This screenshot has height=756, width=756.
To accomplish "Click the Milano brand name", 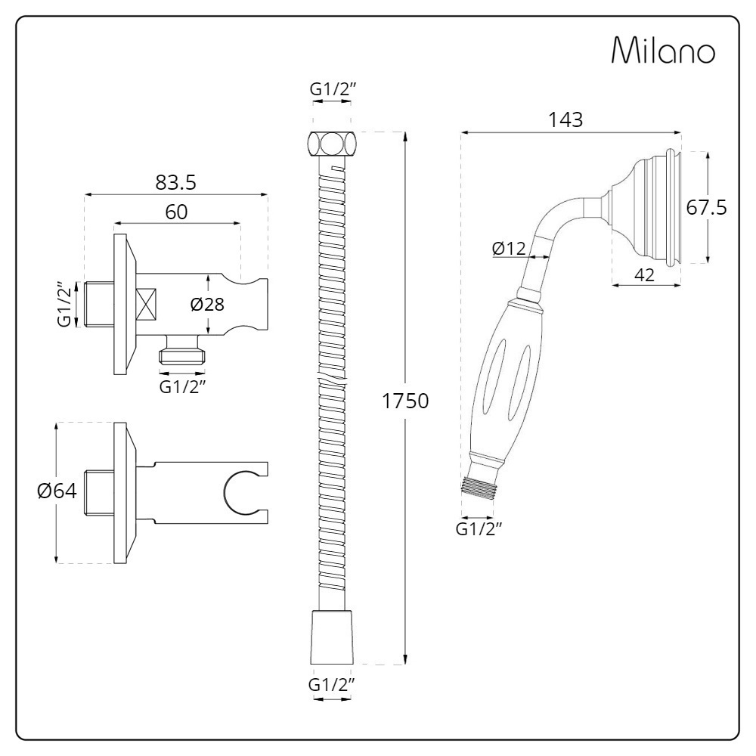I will point(662,52).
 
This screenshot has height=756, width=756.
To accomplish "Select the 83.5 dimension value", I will point(176,182).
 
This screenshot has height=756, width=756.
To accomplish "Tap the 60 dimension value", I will point(176,212).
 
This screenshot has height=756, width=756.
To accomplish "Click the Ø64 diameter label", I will point(57,491).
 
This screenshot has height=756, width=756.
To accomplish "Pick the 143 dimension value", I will point(566,120).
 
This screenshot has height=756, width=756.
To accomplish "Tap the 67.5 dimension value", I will point(707,208).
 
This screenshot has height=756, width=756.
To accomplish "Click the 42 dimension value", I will point(644,275).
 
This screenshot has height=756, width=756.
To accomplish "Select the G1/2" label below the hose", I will point(332,685).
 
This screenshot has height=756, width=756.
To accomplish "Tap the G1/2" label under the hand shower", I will point(479,528).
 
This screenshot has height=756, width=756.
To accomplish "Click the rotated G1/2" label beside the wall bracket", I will point(67,305).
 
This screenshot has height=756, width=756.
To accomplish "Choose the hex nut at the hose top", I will point(332,143).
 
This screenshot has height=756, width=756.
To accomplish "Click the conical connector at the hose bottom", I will point(332,634).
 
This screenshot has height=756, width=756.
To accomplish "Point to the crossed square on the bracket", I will point(146,305).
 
